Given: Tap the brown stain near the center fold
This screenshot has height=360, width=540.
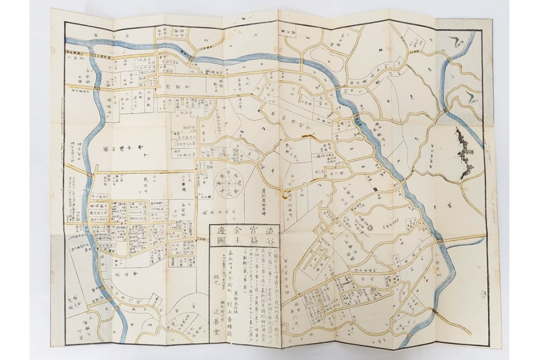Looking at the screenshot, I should click(x=305, y=137).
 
